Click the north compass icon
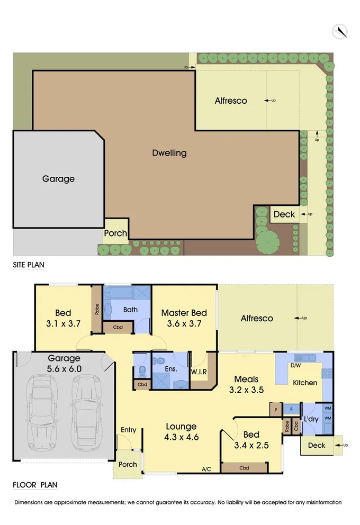tap(339, 31)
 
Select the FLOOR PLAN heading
tap(35, 484)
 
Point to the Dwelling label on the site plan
tap(169, 153)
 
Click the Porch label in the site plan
tap(115, 233)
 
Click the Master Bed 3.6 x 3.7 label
tap(184, 319)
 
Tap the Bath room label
tap(131, 309)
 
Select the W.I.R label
tap(199, 372)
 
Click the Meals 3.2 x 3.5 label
tap(246, 384)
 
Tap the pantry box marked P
tap(275, 409)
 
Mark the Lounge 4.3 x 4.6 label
tap(182, 432)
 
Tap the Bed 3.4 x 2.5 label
tap(251, 440)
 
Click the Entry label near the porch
tap(128, 430)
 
